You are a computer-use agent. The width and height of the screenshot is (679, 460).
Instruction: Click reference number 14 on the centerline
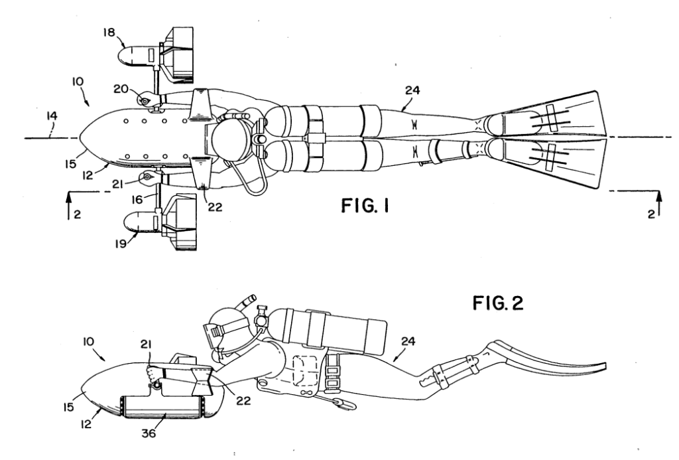click(x=52, y=116)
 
